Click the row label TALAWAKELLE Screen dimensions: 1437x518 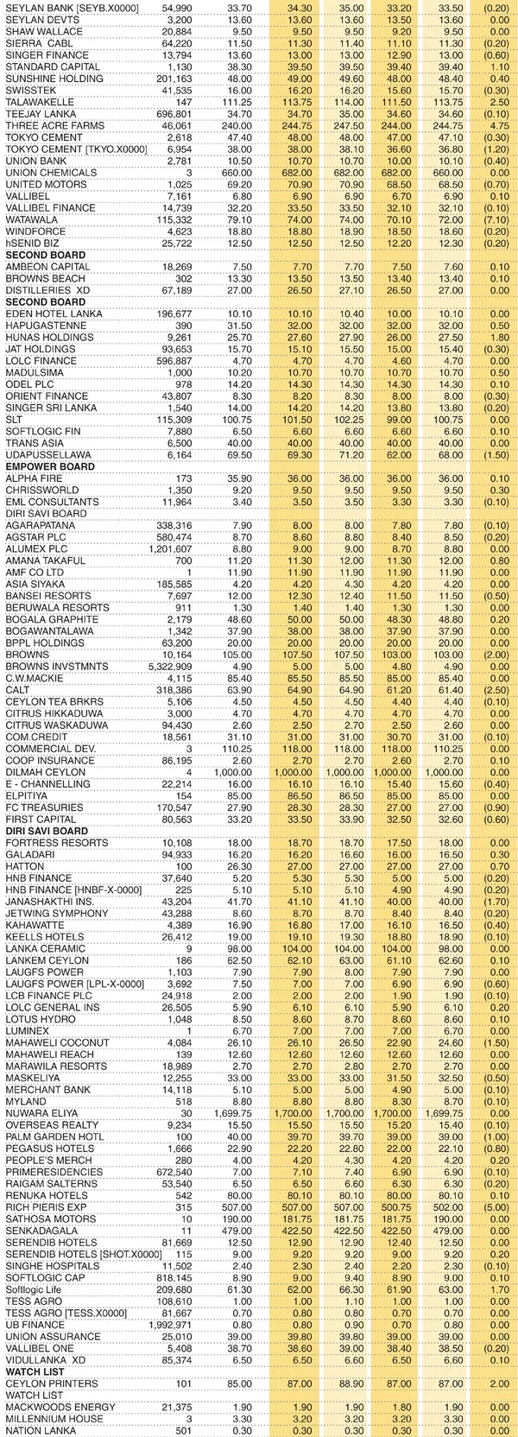pyautogui.click(x=40, y=102)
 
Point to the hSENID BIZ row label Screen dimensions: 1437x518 pyautogui.click(x=32, y=243)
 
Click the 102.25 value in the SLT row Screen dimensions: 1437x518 pyautogui.click(x=345, y=419)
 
